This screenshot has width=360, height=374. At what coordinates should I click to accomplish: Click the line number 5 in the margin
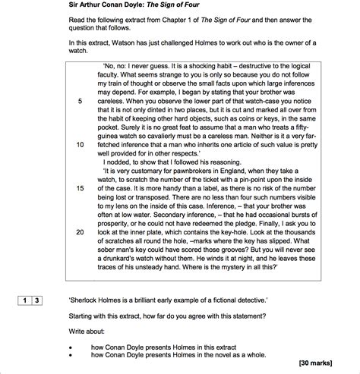click(x=80, y=101)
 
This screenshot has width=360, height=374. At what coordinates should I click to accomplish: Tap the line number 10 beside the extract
click(x=80, y=143)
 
